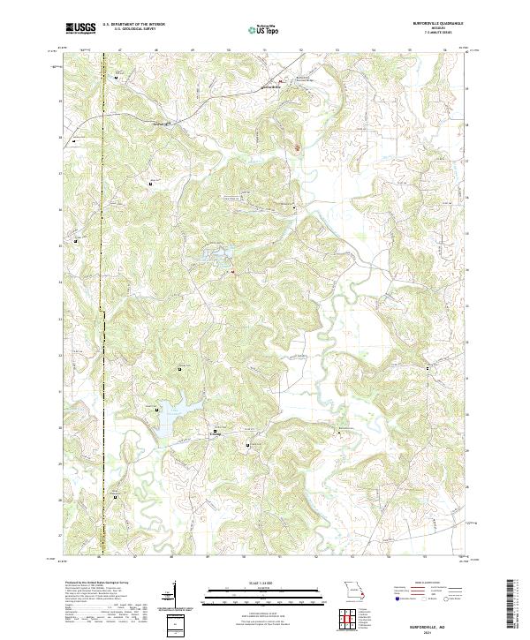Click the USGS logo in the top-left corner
[x=81, y=27]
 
